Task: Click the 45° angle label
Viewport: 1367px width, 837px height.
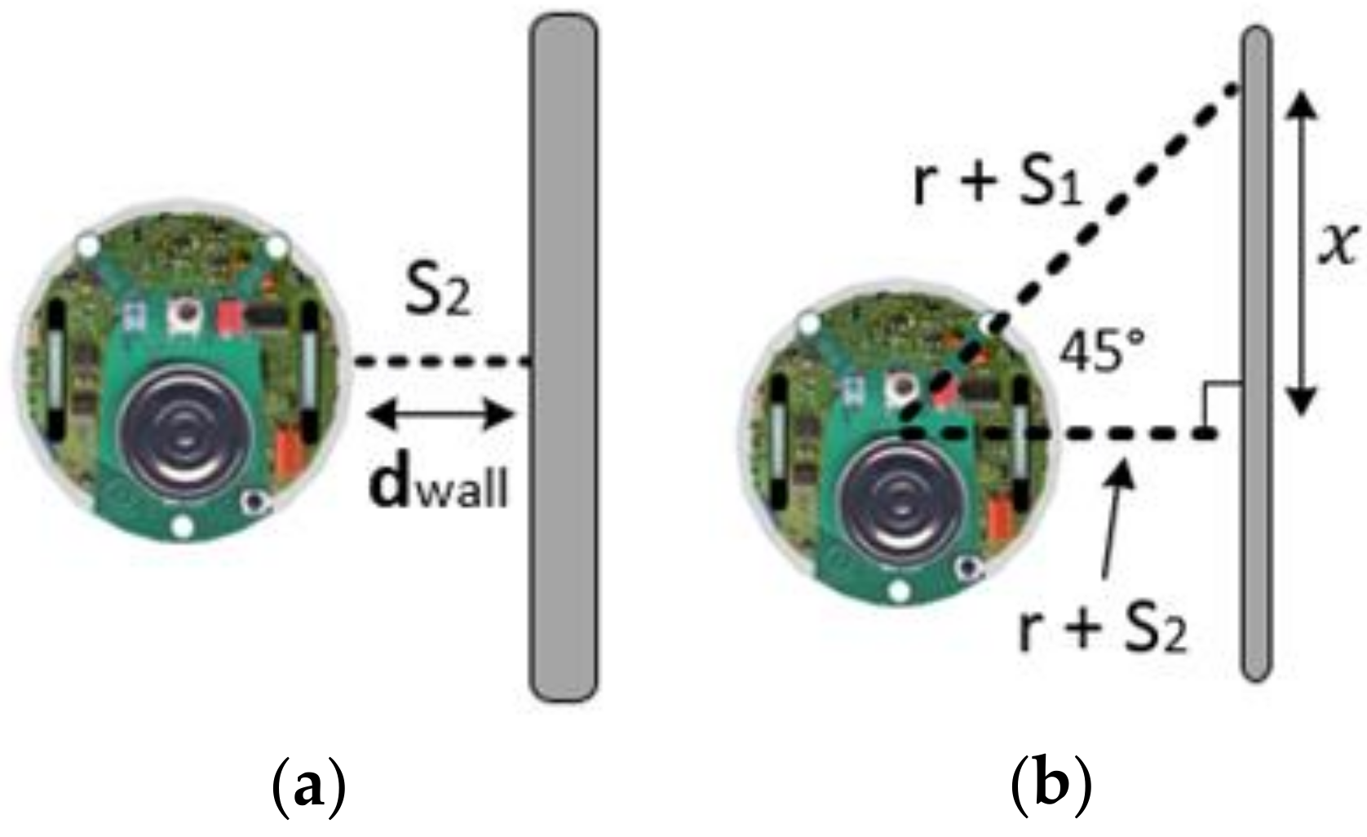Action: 1098,352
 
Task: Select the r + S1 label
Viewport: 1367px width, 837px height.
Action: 997,184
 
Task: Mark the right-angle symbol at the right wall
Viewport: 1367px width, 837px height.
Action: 1221,403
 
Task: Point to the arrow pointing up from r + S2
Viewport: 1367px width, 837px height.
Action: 1116,514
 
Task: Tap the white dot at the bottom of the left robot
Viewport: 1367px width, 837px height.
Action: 184,527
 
